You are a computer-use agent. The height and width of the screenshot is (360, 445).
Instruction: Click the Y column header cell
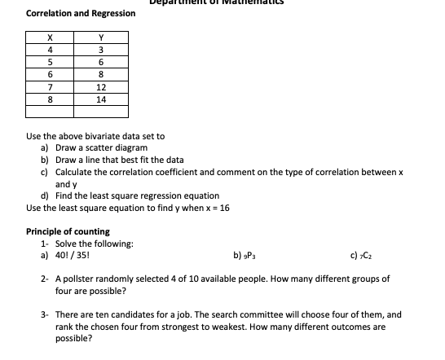tap(101, 37)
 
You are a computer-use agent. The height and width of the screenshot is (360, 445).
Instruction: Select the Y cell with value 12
tap(101, 86)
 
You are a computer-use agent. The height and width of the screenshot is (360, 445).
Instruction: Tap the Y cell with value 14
tap(101, 99)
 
